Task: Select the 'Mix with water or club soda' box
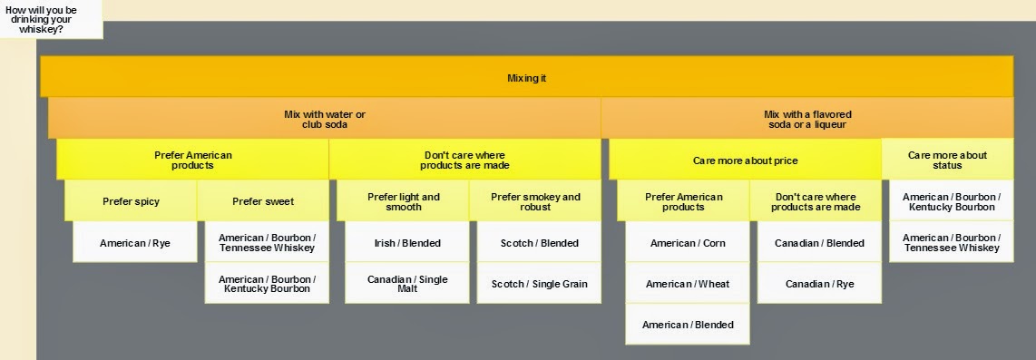click(325, 118)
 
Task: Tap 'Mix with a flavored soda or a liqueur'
click(807, 118)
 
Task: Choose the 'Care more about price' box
click(746, 160)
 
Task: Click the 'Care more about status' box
click(947, 160)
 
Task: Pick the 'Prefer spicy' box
click(131, 200)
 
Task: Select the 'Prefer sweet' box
click(263, 200)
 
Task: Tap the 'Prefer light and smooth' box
click(403, 200)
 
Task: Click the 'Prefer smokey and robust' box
click(535, 200)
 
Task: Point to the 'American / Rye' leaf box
click(135, 242)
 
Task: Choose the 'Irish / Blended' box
click(407, 242)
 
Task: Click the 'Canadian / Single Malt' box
click(407, 283)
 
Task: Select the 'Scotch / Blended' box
click(539, 242)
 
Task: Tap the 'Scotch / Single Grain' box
click(539, 283)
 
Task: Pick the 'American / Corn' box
click(687, 242)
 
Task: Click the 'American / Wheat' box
click(687, 283)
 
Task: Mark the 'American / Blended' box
click(687, 324)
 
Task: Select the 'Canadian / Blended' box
click(819, 242)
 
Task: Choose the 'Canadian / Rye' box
click(819, 283)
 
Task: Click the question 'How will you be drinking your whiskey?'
click(41, 19)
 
